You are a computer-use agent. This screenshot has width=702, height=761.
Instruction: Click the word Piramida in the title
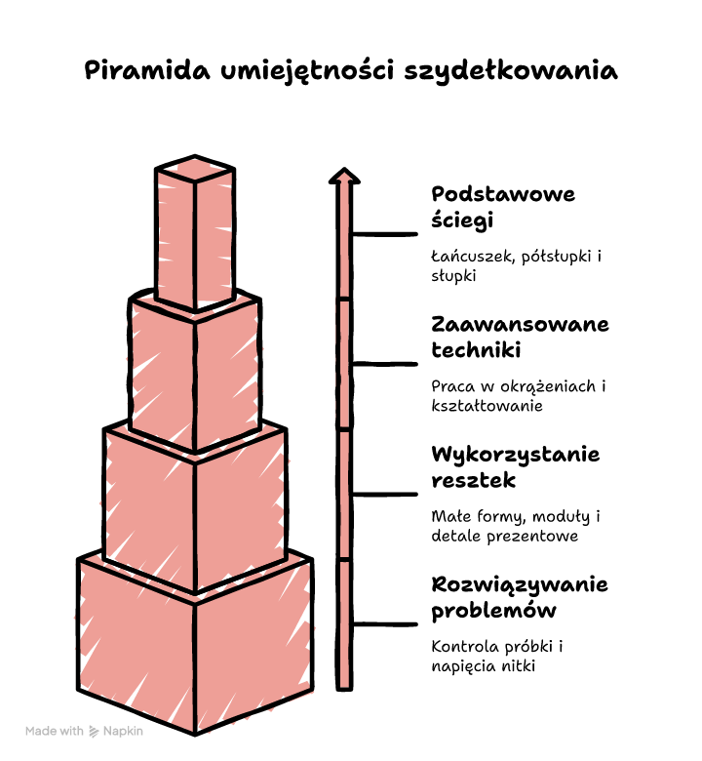click(147, 71)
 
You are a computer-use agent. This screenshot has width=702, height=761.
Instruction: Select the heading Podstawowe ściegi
click(503, 207)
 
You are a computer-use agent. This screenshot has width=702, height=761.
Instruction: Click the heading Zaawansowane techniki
click(520, 337)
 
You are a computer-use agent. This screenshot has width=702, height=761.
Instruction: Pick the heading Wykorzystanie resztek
click(515, 467)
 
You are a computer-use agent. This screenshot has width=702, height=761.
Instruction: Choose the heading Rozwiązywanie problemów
click(520, 597)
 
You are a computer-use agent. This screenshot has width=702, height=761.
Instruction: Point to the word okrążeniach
click(548, 386)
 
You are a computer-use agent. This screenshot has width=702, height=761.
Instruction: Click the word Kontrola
click(465, 647)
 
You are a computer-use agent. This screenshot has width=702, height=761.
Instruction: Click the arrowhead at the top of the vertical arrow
click(344, 176)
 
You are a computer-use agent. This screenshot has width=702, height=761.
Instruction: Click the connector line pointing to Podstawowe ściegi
click(385, 234)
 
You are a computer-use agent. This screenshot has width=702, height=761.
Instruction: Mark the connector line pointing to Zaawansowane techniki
click(385, 364)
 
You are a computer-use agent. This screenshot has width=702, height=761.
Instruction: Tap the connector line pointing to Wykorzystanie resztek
click(385, 494)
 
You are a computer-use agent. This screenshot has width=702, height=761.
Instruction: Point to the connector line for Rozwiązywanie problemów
click(385, 624)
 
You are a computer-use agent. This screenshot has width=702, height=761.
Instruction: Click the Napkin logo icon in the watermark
click(94, 732)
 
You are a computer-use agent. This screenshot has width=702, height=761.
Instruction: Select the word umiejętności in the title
click(307, 71)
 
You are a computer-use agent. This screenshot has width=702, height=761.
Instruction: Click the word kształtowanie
click(487, 406)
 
